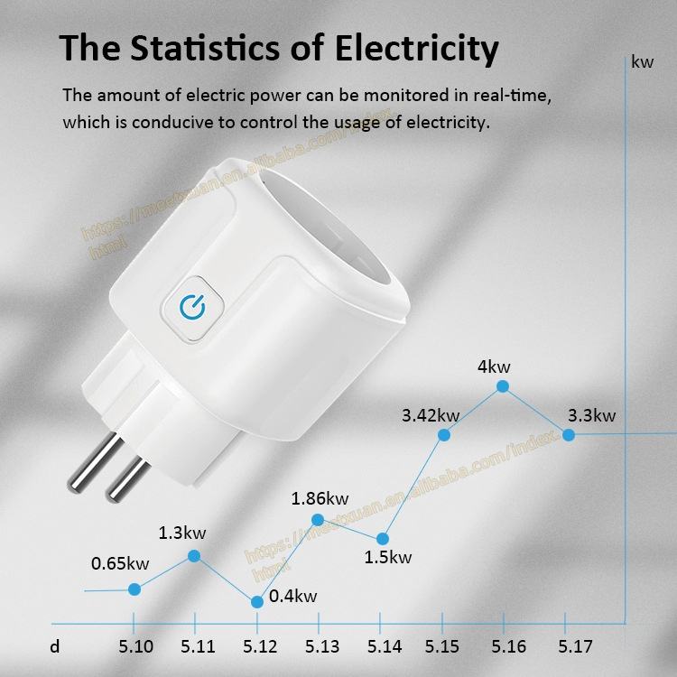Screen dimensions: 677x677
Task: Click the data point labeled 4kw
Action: coord(503,386)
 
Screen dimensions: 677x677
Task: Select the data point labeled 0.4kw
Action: coord(257,601)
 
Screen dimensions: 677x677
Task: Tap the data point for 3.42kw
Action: coord(444,434)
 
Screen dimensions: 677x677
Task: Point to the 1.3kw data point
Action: coord(194,556)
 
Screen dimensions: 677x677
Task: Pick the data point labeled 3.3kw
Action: coord(569,434)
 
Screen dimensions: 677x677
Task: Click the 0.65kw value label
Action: coord(120,564)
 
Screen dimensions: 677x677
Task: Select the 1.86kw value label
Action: coord(320,498)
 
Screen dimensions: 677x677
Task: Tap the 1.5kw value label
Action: coord(388,557)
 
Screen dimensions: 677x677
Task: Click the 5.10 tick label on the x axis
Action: coord(135,646)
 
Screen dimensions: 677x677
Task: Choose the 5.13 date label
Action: coord(322,646)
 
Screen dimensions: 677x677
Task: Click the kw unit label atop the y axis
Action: coord(643,62)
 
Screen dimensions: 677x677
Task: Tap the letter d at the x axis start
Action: coord(55,646)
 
